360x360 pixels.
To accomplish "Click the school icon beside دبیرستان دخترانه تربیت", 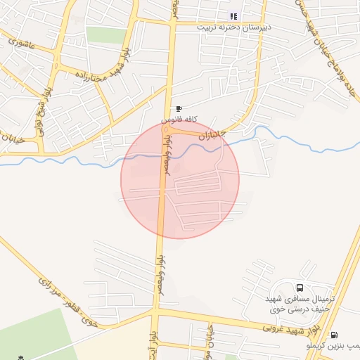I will click(234, 16).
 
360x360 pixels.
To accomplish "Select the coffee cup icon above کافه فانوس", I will click(179, 109).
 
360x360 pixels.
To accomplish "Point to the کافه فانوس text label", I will click(178, 120).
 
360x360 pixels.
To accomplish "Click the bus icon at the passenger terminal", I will click(301, 288).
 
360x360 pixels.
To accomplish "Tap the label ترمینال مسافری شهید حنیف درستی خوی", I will click(300, 304).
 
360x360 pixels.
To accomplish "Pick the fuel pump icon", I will click(333, 335).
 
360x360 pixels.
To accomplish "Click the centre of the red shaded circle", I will click(180, 179).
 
